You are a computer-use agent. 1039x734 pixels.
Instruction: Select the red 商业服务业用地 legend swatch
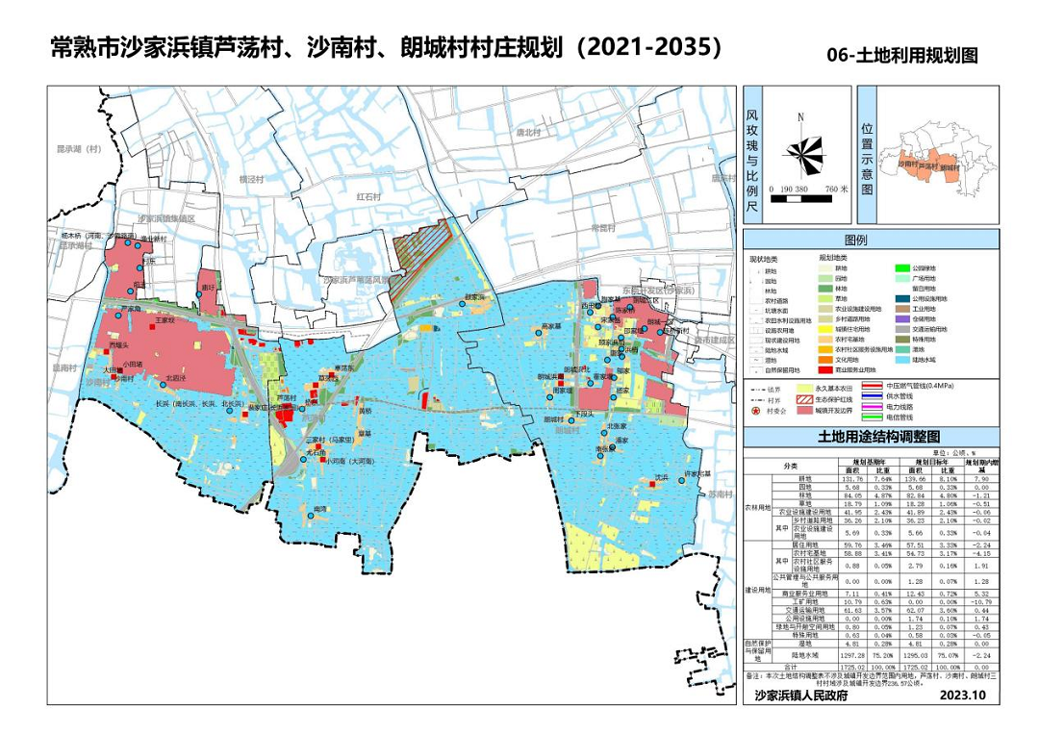click(824, 368)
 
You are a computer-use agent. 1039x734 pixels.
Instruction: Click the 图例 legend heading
click(855, 239)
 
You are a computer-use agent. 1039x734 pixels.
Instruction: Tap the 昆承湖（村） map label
click(79, 149)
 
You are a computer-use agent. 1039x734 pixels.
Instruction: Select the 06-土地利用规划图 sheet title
click(901, 55)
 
